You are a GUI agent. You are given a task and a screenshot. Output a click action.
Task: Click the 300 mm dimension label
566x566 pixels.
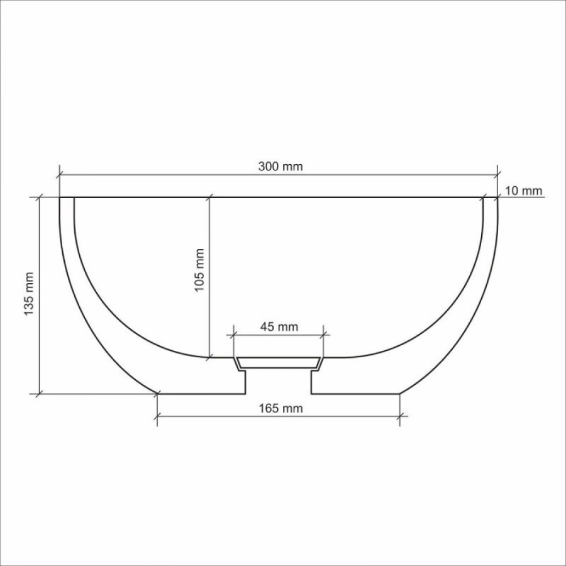[280, 167]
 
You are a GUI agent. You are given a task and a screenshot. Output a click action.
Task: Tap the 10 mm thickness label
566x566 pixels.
[523, 191]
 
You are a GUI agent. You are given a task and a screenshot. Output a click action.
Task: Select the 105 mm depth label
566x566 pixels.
[199, 270]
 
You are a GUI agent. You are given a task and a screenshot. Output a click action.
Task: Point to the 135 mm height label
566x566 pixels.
[28, 294]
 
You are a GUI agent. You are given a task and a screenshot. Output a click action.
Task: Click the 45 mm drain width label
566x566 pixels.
[279, 326]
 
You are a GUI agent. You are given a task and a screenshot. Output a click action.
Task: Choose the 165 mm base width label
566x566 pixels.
[280, 408]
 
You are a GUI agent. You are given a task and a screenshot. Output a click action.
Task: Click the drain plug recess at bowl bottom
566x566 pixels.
[279, 363]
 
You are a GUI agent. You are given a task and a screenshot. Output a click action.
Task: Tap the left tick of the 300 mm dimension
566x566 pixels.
[59, 175]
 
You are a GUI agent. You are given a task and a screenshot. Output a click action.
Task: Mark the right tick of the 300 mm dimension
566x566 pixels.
[497, 175]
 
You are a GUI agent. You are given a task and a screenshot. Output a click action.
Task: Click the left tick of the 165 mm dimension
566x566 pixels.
[157, 416]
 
